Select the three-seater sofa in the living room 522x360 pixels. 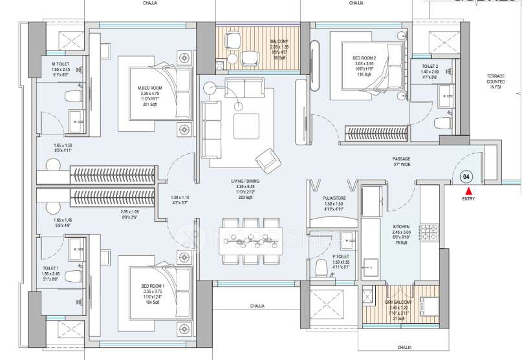[x=212, y=129]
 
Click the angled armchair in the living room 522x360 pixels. [x=266, y=159]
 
